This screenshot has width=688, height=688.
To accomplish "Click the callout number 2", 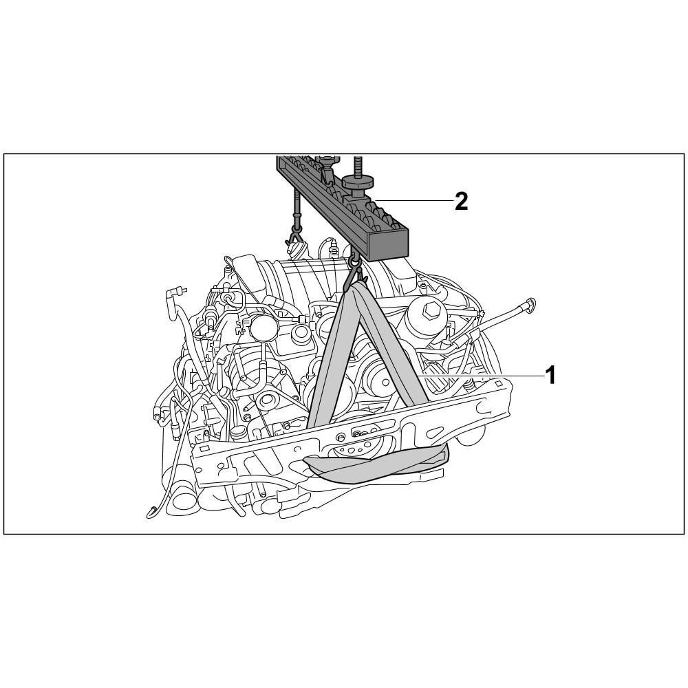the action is click(x=461, y=202).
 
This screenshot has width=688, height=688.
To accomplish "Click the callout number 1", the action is click(x=550, y=376).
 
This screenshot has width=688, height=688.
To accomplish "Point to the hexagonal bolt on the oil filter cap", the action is click(x=427, y=312).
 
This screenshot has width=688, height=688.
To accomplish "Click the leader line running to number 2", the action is click(x=413, y=200).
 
